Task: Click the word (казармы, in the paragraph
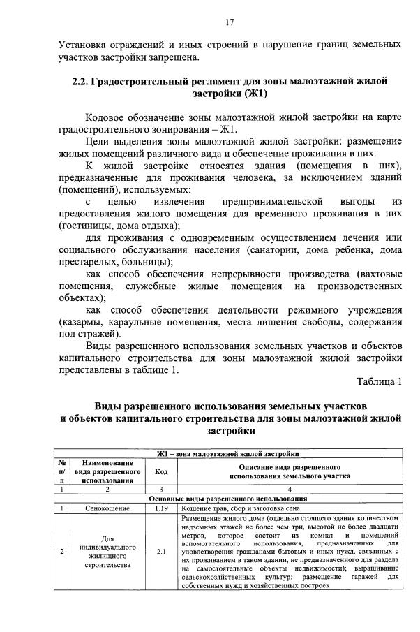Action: (82, 322)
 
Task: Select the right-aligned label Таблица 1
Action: (379, 381)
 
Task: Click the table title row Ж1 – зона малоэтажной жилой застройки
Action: (230, 453)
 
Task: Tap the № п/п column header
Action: (62, 471)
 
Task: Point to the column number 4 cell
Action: (290, 489)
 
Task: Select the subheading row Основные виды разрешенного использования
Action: (230, 499)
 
